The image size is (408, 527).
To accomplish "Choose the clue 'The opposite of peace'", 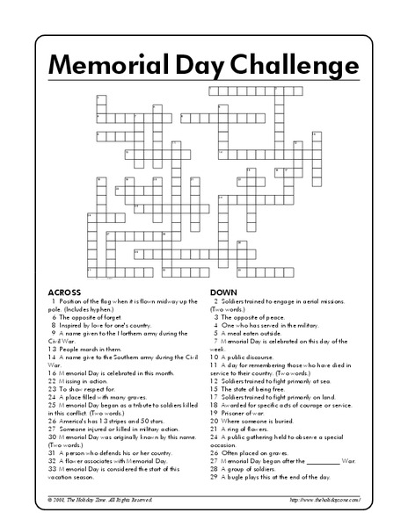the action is [256, 315].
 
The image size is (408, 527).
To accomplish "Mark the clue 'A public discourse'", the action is [251, 356].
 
